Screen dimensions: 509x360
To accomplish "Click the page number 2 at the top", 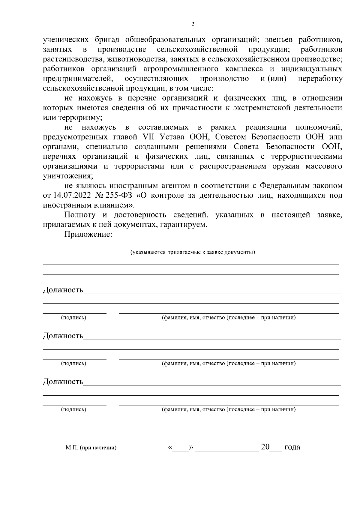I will pyautogui.click(x=193, y=24).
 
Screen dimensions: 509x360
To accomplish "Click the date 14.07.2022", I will pyautogui.click(x=72, y=195).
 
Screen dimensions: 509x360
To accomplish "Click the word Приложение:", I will pyautogui.click(x=88, y=234).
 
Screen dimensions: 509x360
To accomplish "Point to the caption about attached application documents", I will pyautogui.click(x=192, y=252).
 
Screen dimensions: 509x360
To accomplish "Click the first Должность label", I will pyautogui.click(x=63, y=290).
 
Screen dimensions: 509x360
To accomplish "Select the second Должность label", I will pyautogui.click(x=63, y=336).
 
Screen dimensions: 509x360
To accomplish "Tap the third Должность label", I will pyautogui.click(x=63, y=382).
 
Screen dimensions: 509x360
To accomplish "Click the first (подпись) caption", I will pyautogui.click(x=73, y=318).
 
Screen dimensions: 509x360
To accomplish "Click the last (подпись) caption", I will pyautogui.click(x=73, y=409).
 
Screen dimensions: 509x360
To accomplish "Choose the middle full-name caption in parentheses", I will pyautogui.click(x=229, y=364).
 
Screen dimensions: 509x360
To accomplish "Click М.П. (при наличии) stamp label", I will pyautogui.click(x=91, y=448).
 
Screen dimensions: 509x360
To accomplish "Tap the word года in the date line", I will pyautogui.click(x=292, y=447).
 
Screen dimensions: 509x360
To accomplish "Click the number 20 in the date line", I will pyautogui.click(x=265, y=447).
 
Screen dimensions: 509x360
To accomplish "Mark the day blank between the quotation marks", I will pyautogui.click(x=181, y=448).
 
